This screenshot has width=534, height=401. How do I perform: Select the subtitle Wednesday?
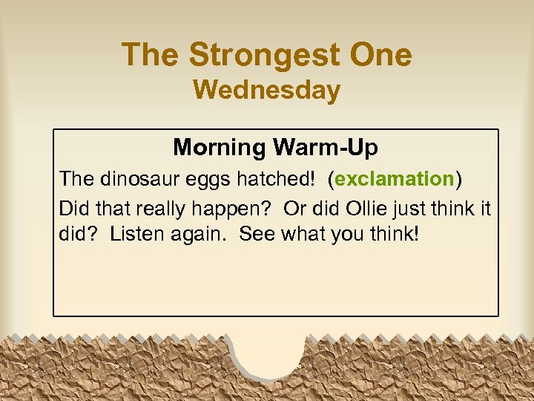click(267, 90)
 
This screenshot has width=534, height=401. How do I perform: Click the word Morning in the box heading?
click(220, 148)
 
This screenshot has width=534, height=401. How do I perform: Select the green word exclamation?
click(394, 179)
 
